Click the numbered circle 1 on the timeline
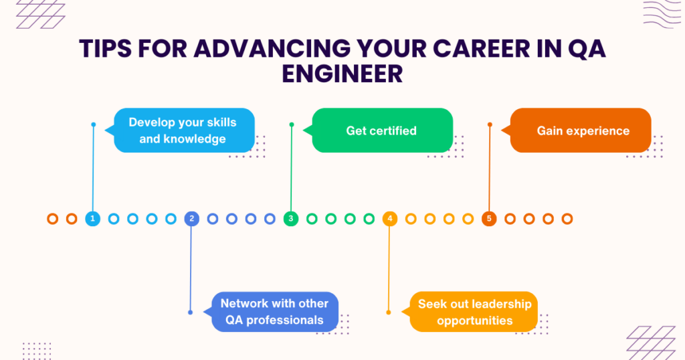coord(92,218)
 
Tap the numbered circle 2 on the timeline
coord(192,218)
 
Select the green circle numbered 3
coord(291,218)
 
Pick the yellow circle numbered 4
coord(390,218)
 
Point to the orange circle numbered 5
coord(489,218)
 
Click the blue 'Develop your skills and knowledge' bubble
coord(184,130)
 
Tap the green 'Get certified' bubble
coord(382,130)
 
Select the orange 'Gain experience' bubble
coord(581,130)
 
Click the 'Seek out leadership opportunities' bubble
coord(474,312)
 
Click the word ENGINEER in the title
coord(342,74)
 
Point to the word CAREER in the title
coord(481,48)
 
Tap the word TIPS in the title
coord(105,48)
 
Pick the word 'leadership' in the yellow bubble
coord(502,304)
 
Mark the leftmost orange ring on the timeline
coord(52,218)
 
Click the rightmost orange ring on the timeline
coord(567,218)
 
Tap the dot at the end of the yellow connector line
coord(389,312)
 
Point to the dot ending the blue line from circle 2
coord(190,312)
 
